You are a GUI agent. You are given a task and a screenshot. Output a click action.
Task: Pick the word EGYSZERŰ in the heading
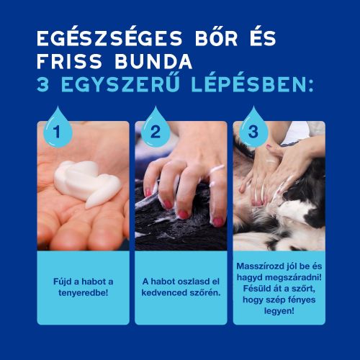tap(120, 86)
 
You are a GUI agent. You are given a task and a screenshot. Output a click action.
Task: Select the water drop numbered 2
tap(155, 130)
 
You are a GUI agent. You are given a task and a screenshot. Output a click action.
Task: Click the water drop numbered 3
tap(252, 130)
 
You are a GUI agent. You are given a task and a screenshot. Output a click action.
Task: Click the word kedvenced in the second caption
tap(164, 294)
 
